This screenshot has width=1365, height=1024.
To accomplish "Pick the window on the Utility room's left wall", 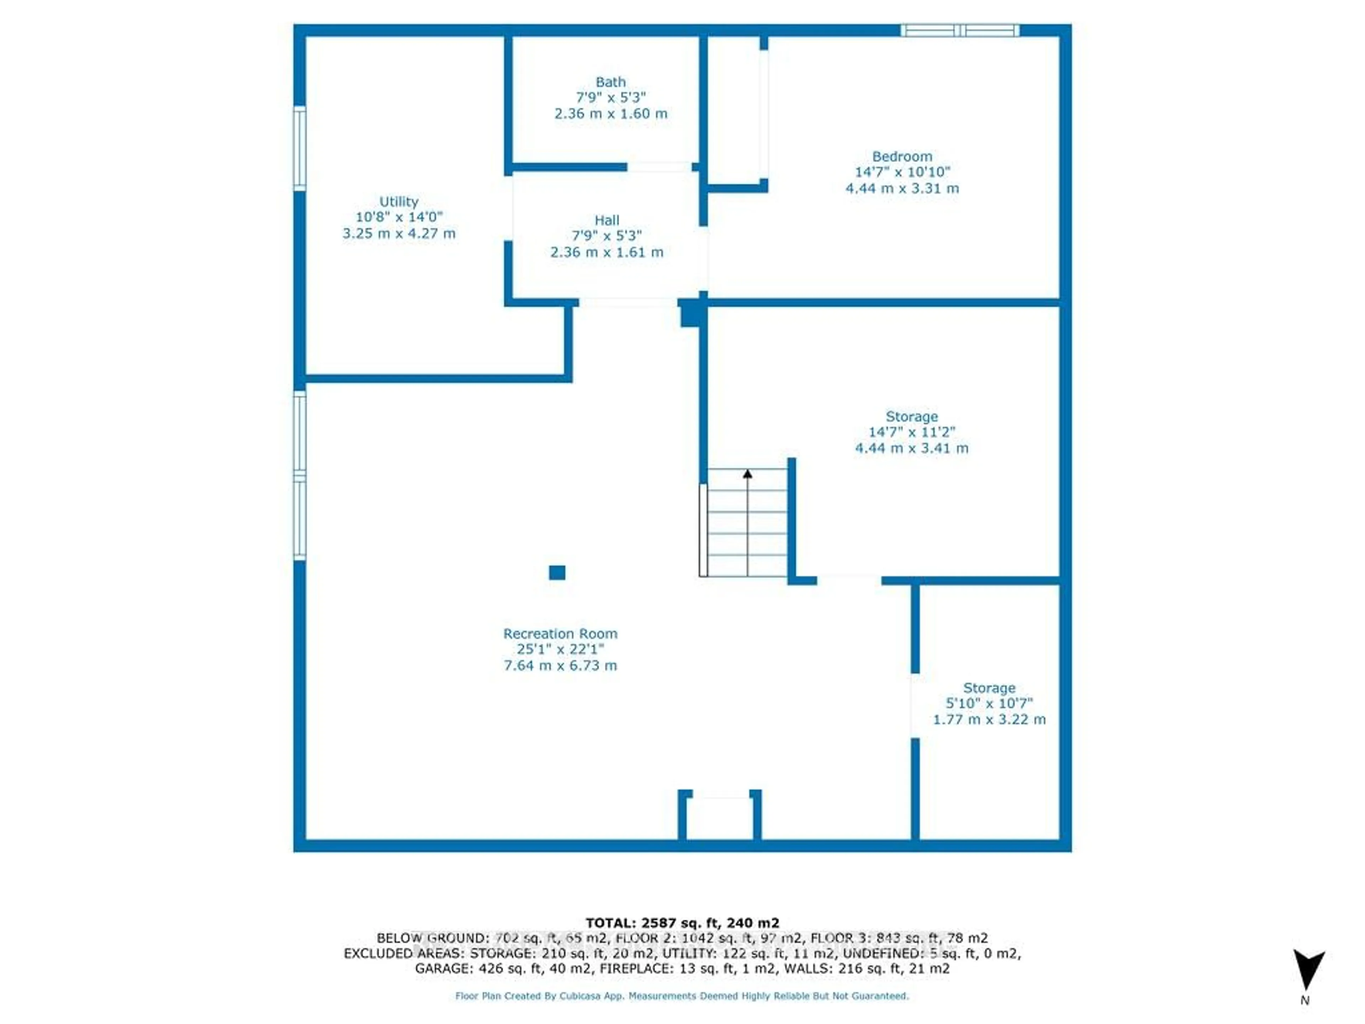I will pos(299,148).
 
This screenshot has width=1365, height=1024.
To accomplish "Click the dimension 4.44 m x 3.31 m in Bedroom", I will pos(901,188).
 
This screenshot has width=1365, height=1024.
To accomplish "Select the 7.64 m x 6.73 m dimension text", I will pos(560,665).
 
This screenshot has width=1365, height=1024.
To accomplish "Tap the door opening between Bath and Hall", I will pos(659,167).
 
